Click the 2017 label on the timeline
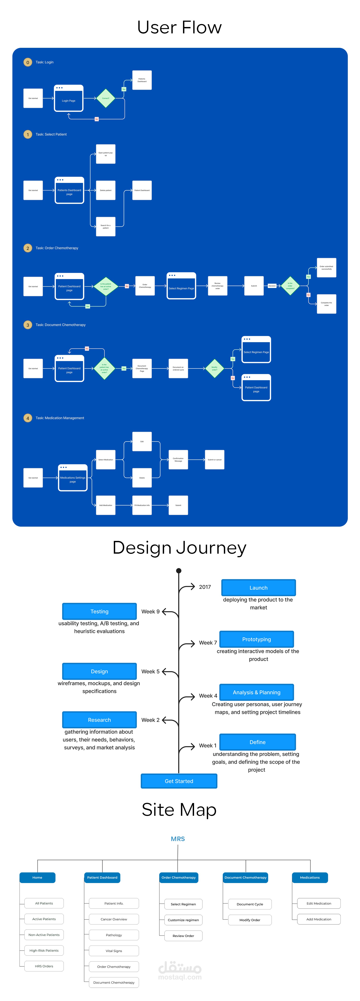(205, 587)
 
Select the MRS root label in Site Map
(178, 839)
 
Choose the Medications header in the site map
(310, 877)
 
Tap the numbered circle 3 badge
(28, 325)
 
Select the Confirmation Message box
(178, 460)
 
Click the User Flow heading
(179, 27)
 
